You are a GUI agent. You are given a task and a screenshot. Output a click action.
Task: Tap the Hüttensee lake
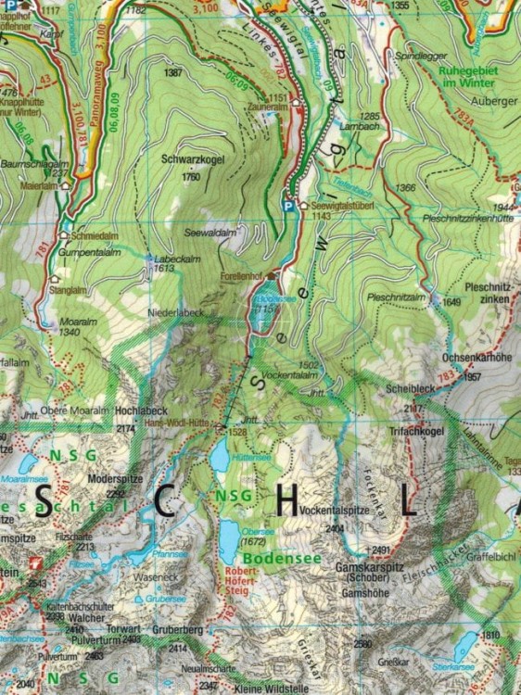click(x=221, y=456)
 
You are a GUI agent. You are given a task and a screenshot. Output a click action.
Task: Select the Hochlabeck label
click(x=140, y=410)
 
